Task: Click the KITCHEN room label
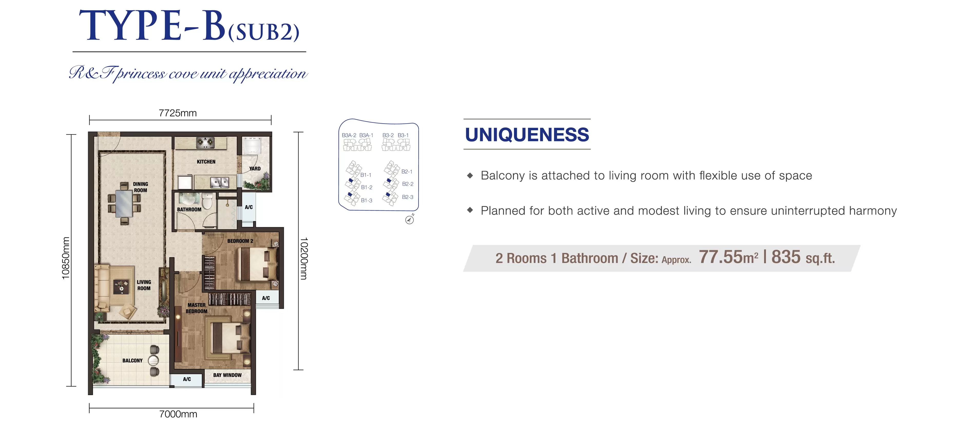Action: click(206, 162)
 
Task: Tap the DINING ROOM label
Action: click(140, 187)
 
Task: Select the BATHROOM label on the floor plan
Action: click(189, 210)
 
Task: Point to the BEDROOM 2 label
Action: click(240, 241)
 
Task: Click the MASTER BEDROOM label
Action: click(197, 308)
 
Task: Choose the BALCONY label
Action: click(132, 360)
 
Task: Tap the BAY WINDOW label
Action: click(227, 375)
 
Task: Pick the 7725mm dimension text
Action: click(178, 113)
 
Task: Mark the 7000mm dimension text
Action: click(178, 414)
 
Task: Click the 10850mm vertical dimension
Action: click(66, 258)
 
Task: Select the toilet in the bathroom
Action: click(207, 201)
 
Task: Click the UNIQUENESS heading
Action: click(527, 135)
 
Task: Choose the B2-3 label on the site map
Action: click(407, 197)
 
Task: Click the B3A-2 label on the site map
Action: click(349, 135)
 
